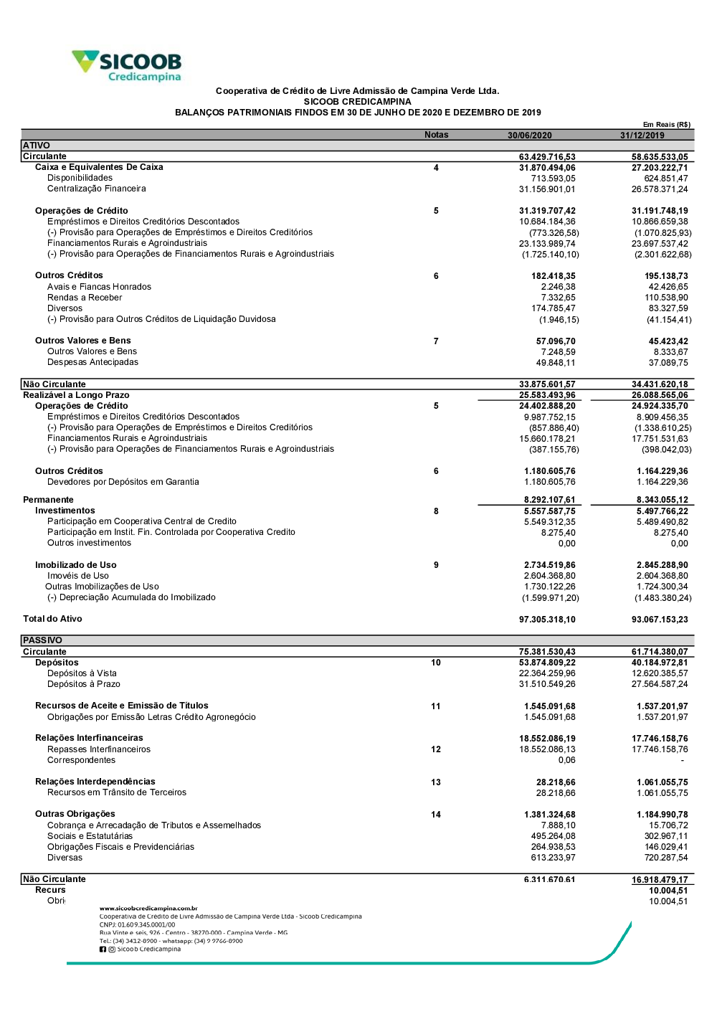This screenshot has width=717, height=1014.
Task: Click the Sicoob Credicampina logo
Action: [127, 66]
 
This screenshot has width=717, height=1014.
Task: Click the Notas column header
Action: [436, 135]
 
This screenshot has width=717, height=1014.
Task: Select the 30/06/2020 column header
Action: [530, 136]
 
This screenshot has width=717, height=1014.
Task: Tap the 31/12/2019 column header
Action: [642, 136]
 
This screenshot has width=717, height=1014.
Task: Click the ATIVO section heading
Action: [37, 146]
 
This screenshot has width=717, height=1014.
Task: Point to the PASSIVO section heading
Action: [42, 640]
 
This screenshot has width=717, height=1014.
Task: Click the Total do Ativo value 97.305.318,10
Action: [547, 620]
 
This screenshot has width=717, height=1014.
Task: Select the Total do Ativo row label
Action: [52, 619]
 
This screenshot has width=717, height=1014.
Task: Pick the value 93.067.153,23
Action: [660, 620]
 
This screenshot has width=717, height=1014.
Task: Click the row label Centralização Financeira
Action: [97, 189]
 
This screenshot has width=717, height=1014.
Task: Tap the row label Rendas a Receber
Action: [85, 298]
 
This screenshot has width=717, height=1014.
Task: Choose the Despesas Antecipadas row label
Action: [93, 362]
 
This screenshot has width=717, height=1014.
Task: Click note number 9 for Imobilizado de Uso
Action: [436, 565]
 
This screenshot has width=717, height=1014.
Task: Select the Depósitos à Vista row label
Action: [82, 673]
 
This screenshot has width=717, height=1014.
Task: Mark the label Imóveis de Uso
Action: [78, 576]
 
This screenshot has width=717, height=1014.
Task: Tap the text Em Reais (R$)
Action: [667, 125]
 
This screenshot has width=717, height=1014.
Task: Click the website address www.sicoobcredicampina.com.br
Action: [148, 908]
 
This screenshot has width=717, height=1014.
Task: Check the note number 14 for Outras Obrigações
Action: [436, 815]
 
